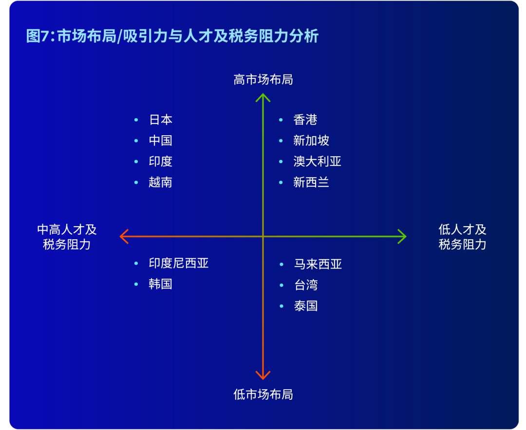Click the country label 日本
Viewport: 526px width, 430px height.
(x=160, y=120)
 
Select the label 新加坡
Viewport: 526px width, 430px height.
(x=311, y=141)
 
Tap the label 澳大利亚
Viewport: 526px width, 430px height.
(x=317, y=161)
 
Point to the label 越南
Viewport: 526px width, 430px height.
(x=160, y=182)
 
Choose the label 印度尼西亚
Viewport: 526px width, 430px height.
(x=179, y=263)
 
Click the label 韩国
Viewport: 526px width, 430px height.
(x=160, y=284)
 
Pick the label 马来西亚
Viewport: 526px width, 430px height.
(x=318, y=264)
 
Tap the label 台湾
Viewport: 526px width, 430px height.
(x=305, y=285)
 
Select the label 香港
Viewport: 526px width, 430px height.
(x=305, y=120)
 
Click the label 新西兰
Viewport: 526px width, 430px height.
(x=311, y=182)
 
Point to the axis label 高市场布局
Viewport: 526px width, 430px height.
(x=263, y=80)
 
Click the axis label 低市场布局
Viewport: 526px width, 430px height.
(x=263, y=394)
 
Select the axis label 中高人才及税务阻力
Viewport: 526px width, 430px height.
(x=67, y=237)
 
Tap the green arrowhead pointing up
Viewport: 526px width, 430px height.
(x=263, y=97)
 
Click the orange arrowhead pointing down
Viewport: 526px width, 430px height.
(x=263, y=375)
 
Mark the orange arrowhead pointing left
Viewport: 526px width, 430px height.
(x=124, y=236)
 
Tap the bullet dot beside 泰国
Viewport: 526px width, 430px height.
(x=282, y=306)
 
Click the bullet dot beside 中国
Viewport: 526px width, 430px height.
(x=136, y=141)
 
